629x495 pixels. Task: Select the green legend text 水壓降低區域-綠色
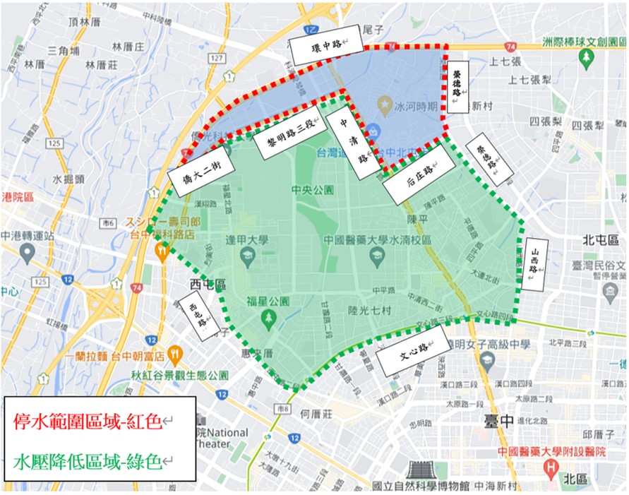point(92,463)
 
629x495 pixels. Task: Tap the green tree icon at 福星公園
point(268,319)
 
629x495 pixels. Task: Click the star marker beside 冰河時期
point(385,107)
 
